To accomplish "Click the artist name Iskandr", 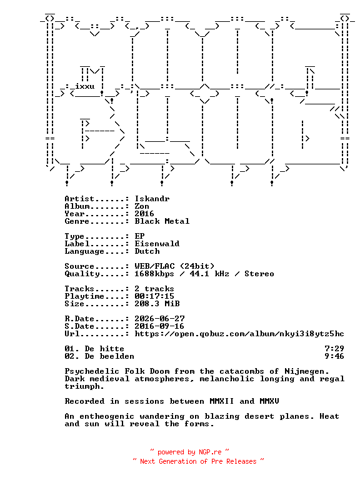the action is pos(152,199).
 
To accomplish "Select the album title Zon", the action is pos(142,206).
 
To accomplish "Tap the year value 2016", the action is pos(144,214).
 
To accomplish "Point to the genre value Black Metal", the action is pos(162,221).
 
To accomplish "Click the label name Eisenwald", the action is pos(157,244).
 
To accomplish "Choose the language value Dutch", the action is pos(147,251).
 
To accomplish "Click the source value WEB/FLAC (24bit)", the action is pos(174,266).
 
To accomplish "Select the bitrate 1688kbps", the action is pos(154,274).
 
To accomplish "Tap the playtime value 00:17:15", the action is pos(154,296).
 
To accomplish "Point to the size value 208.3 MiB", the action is pos(157,304).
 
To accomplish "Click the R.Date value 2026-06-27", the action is pos(159,319).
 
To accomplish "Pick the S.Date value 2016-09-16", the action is pos(159,326).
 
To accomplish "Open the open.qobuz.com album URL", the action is pos(239,334).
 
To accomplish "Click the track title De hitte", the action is pos(104,349).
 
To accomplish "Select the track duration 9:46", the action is pos(334,356).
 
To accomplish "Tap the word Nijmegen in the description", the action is pos(307,372).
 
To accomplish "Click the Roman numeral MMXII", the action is pos(222,401).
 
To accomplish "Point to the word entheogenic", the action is pos(107,417).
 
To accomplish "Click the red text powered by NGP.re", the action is pos(189,452).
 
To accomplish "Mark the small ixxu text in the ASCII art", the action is pos(85,86).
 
